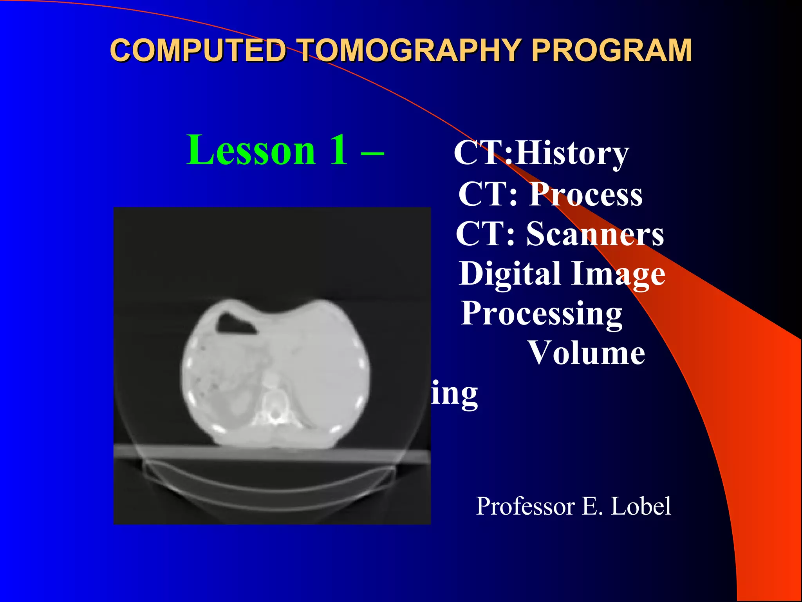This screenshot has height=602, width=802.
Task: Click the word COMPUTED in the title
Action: pyautogui.click(x=198, y=51)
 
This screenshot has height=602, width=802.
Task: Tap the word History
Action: pyautogui.click(x=572, y=154)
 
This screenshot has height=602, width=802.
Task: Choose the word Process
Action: pyautogui.click(x=586, y=194)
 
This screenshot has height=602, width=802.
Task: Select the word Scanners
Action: pyautogui.click(x=595, y=234)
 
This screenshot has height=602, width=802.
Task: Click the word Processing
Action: pyautogui.click(x=542, y=314)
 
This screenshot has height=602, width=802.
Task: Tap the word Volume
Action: pyautogui.click(x=587, y=353)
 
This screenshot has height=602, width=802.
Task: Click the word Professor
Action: pyautogui.click(x=526, y=506)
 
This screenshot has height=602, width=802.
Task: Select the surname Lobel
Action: pyautogui.click(x=641, y=506)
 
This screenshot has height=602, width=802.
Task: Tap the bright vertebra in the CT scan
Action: pyautogui.click(x=274, y=410)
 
